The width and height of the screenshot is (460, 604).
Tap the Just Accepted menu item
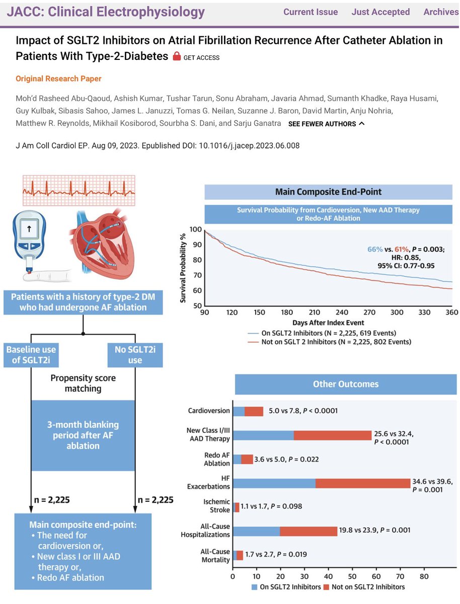pos(380,12)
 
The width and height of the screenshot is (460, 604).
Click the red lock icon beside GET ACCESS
pos(177,56)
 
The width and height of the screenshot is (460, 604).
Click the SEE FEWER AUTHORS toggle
pos(327,123)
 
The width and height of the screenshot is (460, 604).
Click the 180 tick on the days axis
pos(287,312)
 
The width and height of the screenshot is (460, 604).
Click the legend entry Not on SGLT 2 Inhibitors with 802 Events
pos(330,342)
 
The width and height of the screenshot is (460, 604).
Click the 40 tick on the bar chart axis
pos(329,576)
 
